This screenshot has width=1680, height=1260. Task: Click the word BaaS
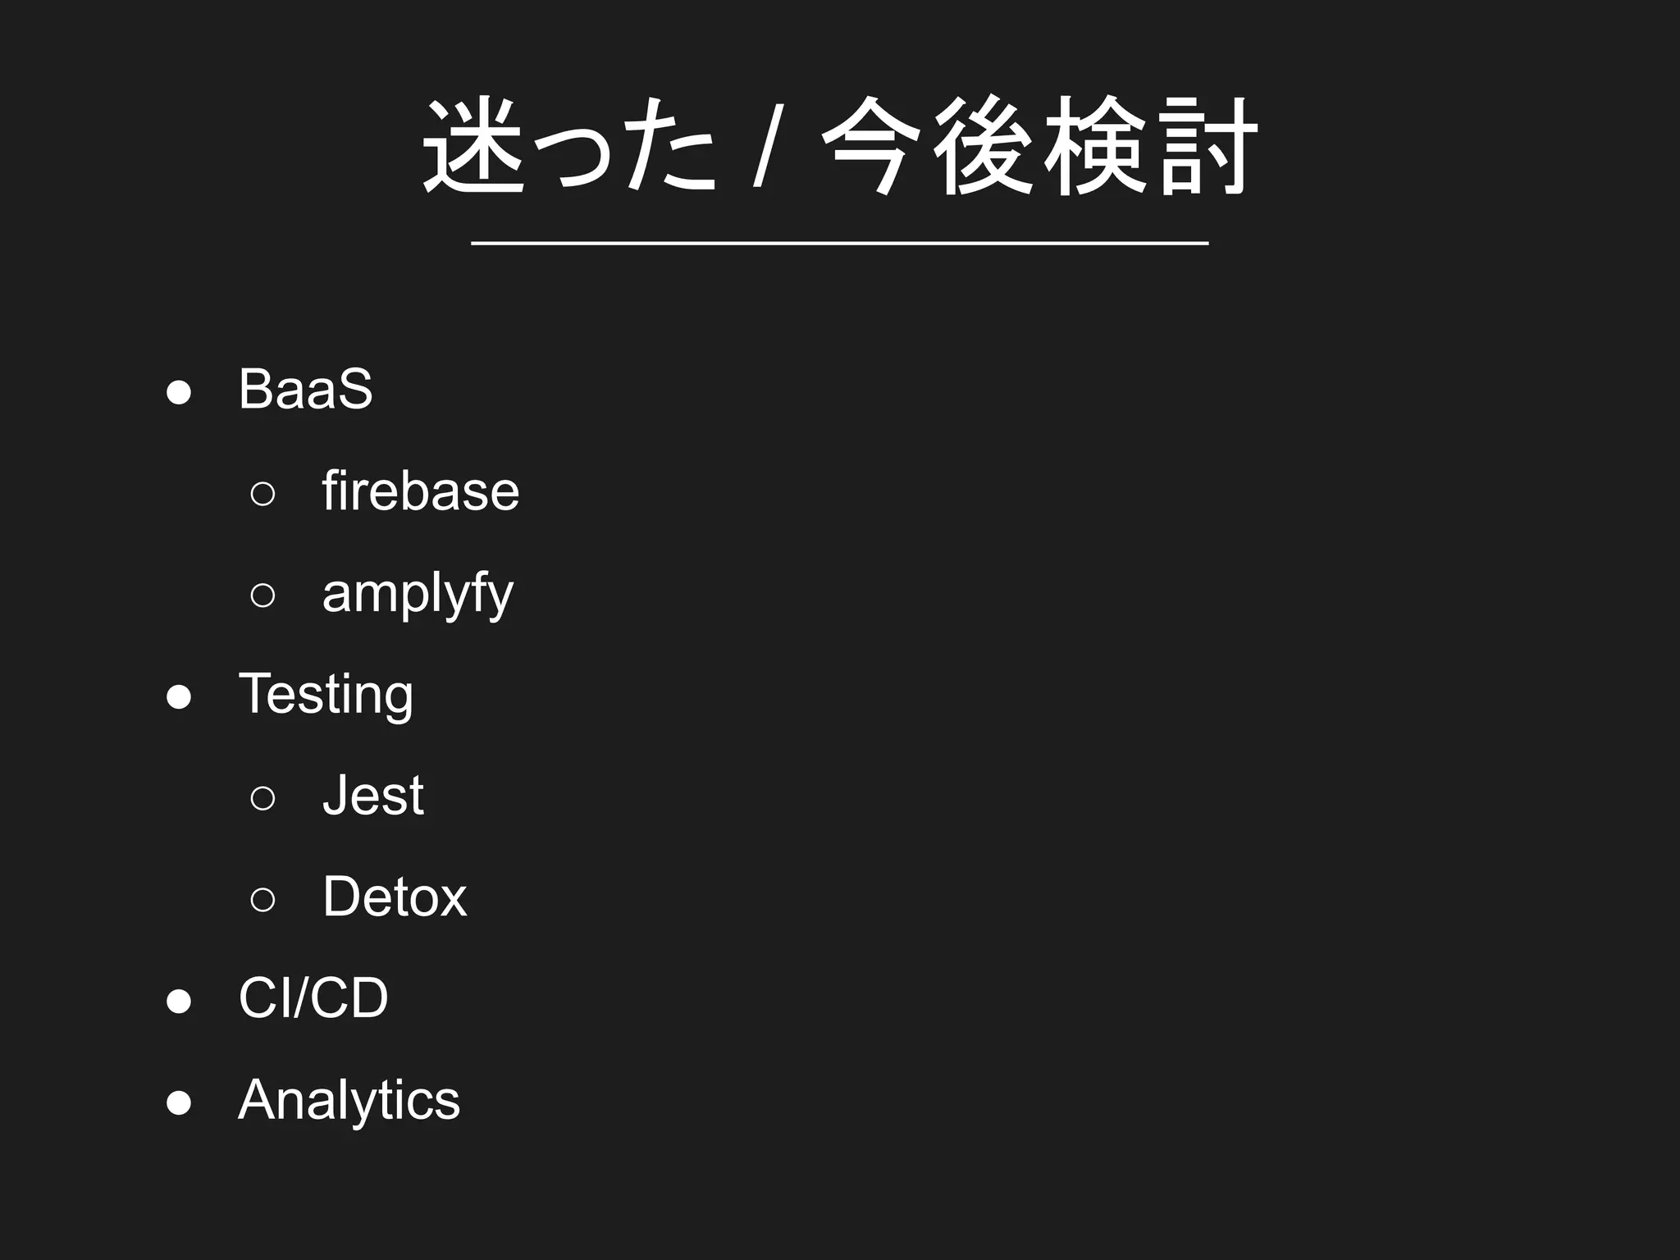(305, 389)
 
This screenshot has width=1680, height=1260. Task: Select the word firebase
(420, 491)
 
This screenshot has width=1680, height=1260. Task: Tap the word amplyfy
(418, 593)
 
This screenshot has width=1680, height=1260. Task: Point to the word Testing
(326, 695)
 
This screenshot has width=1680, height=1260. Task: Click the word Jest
(373, 796)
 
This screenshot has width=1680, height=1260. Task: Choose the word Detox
(395, 897)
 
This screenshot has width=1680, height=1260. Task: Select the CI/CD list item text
(313, 998)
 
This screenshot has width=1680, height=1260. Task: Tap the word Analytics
(349, 1100)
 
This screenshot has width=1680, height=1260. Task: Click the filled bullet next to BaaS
(179, 392)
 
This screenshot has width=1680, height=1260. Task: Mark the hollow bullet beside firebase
(262, 494)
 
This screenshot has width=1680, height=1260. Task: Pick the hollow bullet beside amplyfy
(262, 595)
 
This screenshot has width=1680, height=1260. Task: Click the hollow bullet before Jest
(262, 797)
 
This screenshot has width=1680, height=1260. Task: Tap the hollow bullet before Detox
(262, 899)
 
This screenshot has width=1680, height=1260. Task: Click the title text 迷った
(568, 146)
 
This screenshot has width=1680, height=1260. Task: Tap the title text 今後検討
(1039, 146)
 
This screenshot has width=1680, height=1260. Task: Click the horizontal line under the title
(840, 244)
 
